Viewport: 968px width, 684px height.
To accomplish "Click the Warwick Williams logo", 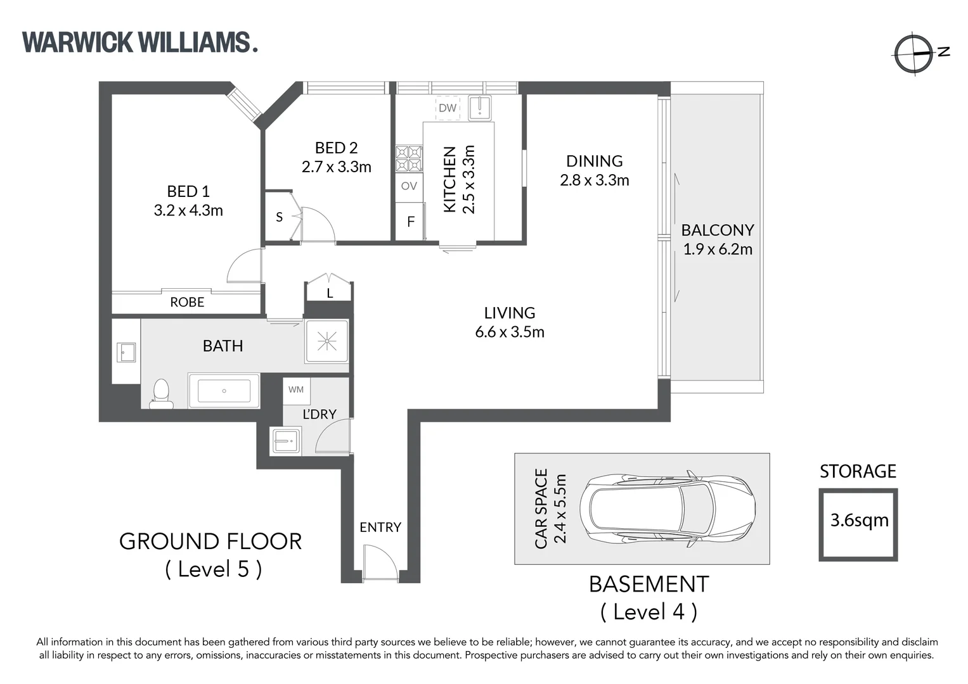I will pos(140,42).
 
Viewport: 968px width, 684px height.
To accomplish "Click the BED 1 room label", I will pos(188,191).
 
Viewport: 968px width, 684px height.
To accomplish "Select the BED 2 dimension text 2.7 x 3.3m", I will pos(336,167).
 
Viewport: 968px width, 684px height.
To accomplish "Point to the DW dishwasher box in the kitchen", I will pos(448,108).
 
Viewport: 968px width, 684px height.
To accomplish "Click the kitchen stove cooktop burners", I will pos(409,159).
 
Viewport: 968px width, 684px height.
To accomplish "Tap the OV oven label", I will pos(409,186).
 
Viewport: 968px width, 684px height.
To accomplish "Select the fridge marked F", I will pos(410,222).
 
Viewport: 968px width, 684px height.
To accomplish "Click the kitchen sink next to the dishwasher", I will pos(479,108).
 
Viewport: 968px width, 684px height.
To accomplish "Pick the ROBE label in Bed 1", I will pos(187,302).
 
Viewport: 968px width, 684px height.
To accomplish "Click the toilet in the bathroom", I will pos(161,394).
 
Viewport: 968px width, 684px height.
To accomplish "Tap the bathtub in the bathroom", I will pos(224,391).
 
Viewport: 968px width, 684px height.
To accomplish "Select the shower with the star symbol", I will pos(327,341).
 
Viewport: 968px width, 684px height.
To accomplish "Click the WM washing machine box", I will pos(296,390).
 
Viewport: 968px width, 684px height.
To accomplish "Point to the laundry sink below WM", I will pos(286,440).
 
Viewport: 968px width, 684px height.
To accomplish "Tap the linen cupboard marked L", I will pos(329,291).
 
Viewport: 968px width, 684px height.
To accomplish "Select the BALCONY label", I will pos(718,230).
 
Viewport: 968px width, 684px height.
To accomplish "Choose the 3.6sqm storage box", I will pos(858,524).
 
